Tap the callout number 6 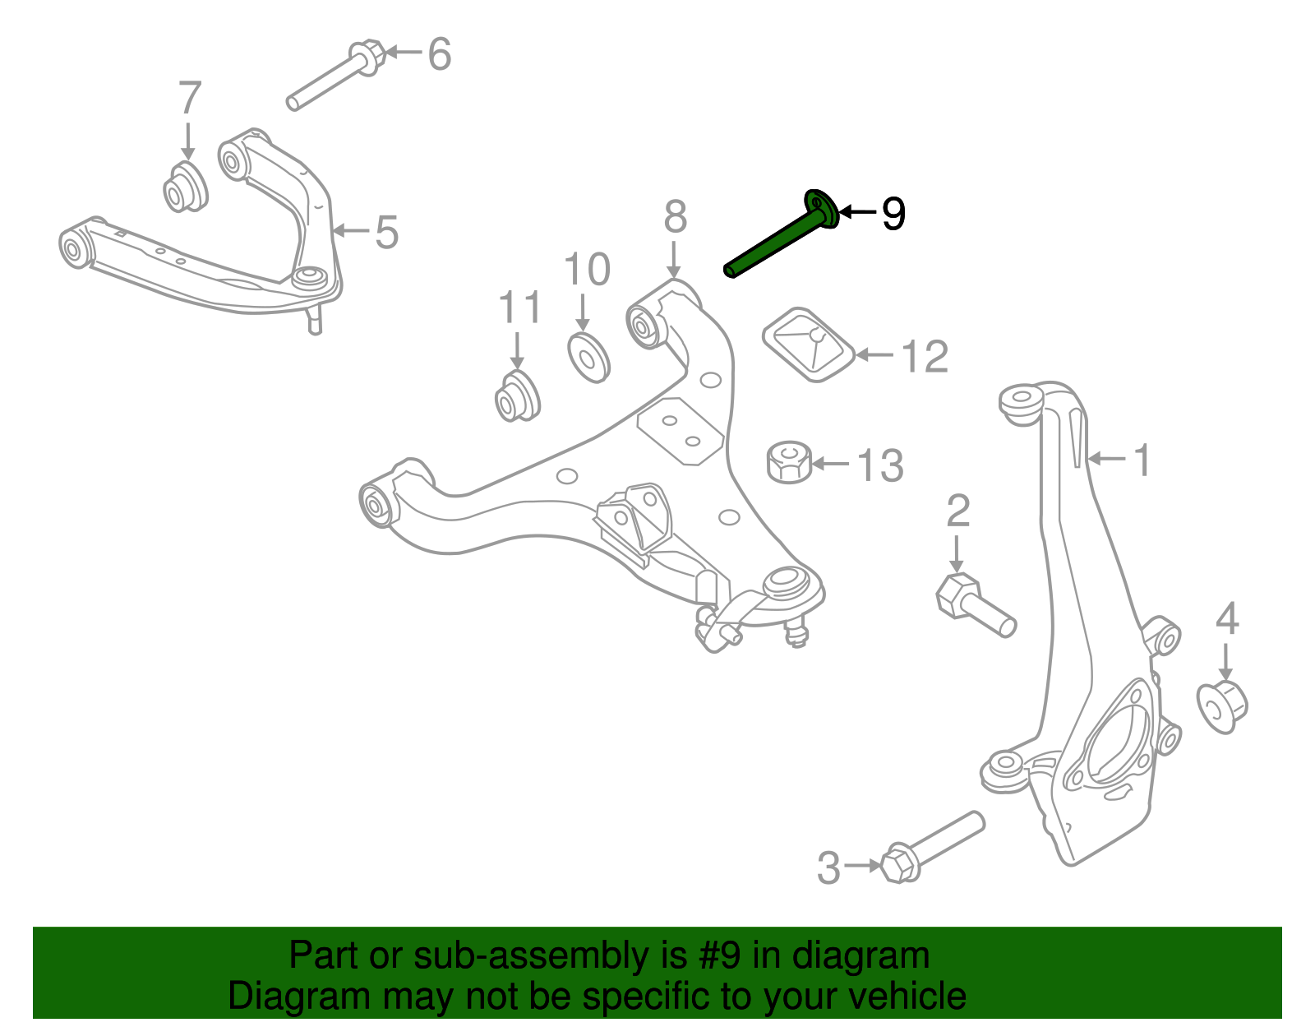[440, 54]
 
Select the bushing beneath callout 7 [184, 188]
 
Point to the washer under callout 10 [588, 357]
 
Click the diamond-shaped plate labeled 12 [810, 345]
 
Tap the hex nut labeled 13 [789, 463]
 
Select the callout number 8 [675, 218]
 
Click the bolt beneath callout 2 [975, 606]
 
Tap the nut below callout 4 [1222, 705]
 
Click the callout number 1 [1142, 460]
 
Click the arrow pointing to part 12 [874, 355]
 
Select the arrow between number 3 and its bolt [862, 865]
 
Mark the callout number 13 [880, 465]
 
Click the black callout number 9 [893, 214]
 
